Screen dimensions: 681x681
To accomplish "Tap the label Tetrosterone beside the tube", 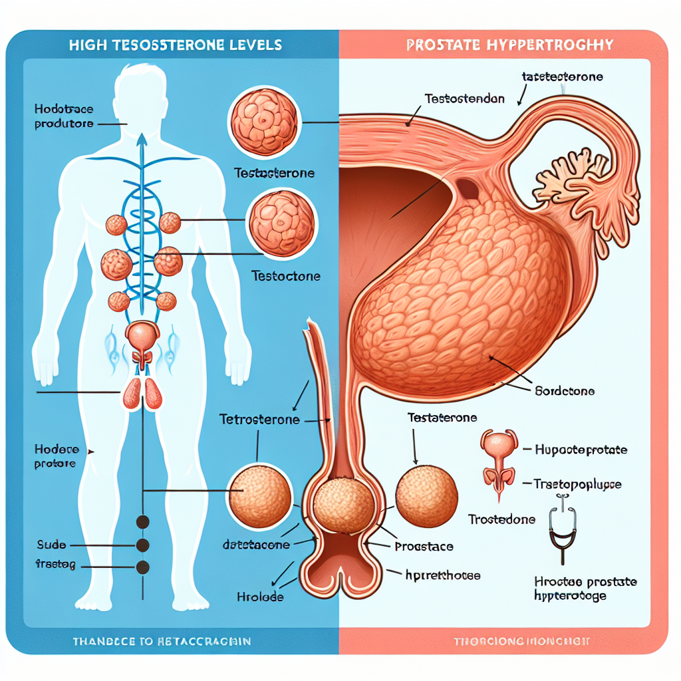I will [259, 420].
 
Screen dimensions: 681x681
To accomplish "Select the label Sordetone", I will [565, 391].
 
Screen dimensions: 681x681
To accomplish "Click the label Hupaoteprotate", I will [581, 450].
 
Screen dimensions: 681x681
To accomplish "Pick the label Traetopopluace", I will [577, 485].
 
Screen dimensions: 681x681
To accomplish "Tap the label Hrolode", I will [260, 597].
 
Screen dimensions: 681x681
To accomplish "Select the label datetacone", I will [256, 545].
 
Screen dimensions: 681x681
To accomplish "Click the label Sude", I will [51, 545].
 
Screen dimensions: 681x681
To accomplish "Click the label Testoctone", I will [286, 275].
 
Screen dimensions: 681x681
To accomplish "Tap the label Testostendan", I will [464, 99].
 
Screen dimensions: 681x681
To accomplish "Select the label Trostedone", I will [501, 519].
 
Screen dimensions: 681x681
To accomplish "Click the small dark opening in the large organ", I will [468, 188].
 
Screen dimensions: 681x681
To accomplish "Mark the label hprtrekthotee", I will [442, 575].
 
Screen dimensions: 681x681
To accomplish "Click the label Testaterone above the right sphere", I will [442, 418].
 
